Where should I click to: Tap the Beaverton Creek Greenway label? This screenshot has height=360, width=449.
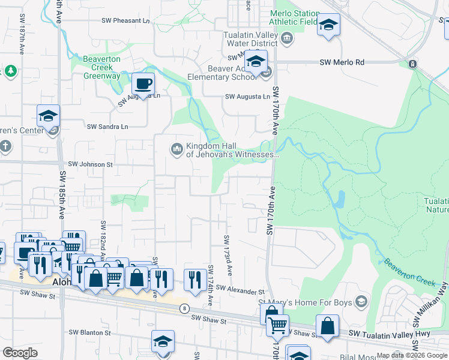pos(101,67)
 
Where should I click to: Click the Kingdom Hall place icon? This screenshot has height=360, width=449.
pos(176,148)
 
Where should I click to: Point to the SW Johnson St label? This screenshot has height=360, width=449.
pos(90,164)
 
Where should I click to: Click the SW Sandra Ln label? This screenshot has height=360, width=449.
pos(107,127)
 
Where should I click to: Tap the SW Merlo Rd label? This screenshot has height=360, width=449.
pos(342,62)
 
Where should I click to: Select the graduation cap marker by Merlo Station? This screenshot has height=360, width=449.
pos(328,25)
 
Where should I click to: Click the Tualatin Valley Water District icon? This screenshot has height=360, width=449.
pos(287,39)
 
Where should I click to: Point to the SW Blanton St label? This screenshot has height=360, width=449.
pos(91,332)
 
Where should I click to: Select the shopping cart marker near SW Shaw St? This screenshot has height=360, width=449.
pos(277,325)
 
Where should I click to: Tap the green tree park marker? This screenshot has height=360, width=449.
pos(10,71)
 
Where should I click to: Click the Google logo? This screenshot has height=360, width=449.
pos(20,353)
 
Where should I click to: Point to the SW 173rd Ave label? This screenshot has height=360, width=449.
pos(228,255)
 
